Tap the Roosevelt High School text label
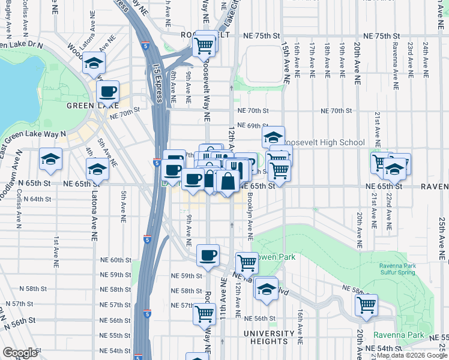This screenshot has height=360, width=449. [x=323, y=142]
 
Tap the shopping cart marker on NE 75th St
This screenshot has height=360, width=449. [x=205, y=44]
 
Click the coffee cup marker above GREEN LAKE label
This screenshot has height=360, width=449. [x=108, y=92]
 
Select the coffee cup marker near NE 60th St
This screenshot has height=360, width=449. [x=208, y=255]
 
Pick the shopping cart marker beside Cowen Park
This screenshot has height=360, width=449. [x=247, y=262]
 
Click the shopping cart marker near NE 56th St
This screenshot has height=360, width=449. [x=205, y=313]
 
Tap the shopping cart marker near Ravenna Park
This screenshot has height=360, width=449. [x=366, y=305]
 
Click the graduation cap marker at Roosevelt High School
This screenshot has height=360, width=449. [x=273, y=137]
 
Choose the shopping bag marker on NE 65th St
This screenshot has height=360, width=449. [x=229, y=181]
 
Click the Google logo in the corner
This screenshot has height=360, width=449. [x=20, y=353]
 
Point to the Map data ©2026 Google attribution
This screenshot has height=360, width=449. [x=411, y=355]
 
